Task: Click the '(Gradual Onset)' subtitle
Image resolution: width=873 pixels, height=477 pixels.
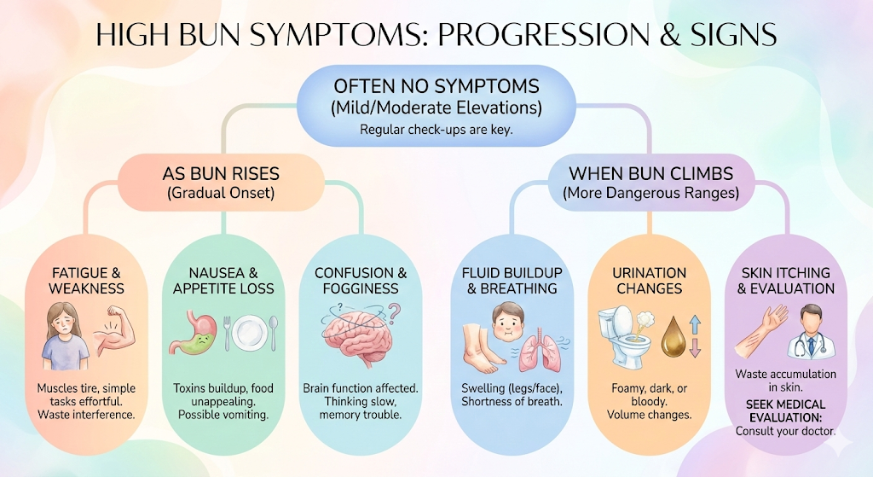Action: pyautogui.click(x=221, y=193)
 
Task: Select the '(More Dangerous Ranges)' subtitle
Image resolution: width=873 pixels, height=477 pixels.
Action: pyautogui.click(x=650, y=193)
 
